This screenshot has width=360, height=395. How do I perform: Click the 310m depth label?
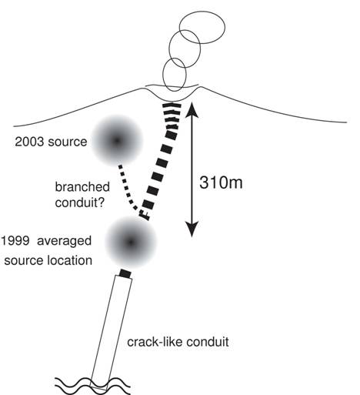point(221,182)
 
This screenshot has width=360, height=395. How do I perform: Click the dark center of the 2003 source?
point(117,141)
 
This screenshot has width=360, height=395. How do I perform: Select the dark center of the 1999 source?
point(131,242)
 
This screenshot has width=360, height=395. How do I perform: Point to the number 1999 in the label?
point(15,241)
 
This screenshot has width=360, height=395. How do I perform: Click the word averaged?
point(64,241)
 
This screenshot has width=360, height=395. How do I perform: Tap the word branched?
point(82,186)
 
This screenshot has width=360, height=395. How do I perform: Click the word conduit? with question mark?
point(80,203)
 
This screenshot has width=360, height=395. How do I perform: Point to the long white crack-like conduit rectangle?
point(112,333)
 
